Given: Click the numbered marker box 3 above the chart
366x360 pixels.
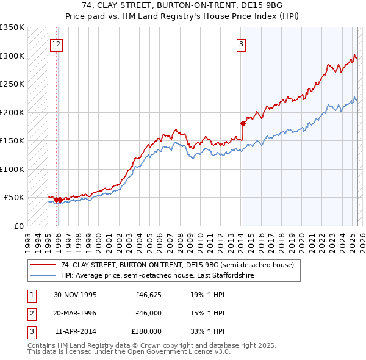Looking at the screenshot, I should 242,43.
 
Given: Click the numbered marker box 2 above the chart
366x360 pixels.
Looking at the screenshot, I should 58,43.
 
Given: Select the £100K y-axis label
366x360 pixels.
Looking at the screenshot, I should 13,169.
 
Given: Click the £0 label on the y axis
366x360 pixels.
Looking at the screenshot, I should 18,226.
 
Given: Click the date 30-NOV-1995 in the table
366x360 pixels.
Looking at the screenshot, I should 75,295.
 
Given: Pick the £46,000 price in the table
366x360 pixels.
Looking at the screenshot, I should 148,313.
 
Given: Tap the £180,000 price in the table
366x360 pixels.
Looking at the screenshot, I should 146,331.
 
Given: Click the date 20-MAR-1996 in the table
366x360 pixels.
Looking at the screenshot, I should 75,313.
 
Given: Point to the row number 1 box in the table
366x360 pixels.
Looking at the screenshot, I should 30,295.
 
